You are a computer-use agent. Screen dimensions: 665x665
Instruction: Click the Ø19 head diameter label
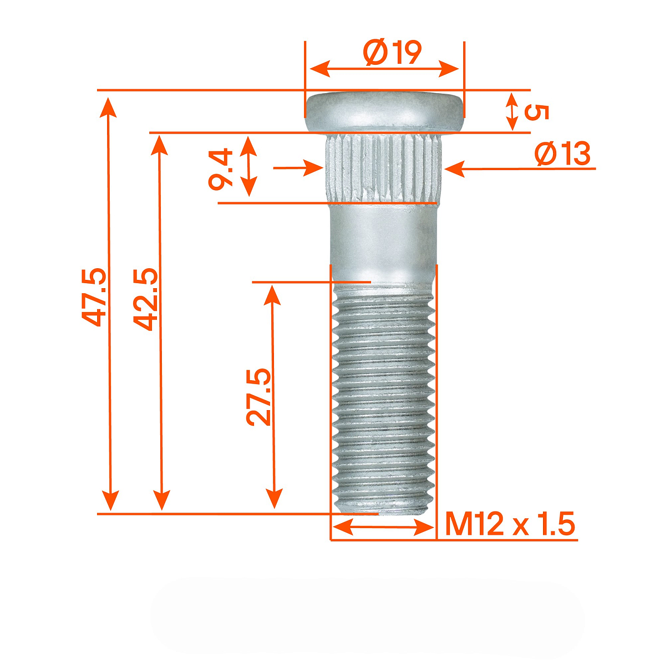[393, 53]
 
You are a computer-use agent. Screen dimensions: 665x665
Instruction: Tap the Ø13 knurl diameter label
[562, 154]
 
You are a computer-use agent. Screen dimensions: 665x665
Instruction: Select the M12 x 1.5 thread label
[510, 524]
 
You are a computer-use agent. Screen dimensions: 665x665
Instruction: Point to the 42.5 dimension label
[146, 299]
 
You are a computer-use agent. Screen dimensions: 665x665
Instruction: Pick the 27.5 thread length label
[259, 396]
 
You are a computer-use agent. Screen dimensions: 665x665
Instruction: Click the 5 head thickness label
[536, 112]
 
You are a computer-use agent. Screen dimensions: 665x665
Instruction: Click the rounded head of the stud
[384, 111]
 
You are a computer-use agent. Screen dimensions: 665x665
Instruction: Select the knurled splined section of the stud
[384, 168]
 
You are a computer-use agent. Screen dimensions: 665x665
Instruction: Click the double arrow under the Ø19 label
[384, 69]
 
